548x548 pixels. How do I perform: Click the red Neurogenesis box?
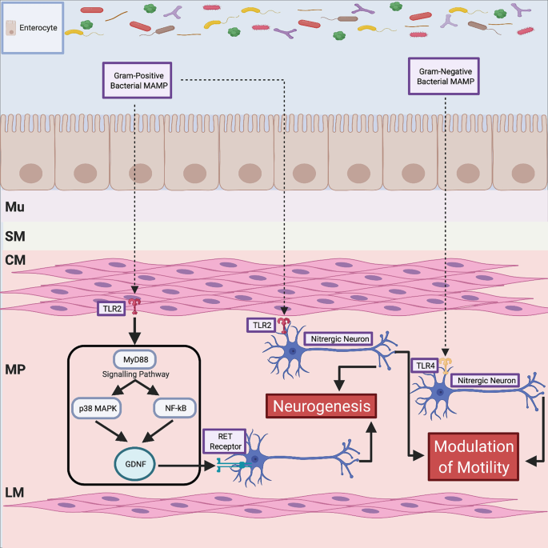[x=321, y=406]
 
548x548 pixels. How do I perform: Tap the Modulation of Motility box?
[x=473, y=456]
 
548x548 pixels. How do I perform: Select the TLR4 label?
[x=425, y=365]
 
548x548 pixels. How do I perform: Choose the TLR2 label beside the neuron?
[x=260, y=325]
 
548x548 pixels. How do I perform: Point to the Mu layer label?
[x=15, y=207]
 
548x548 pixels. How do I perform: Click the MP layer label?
[x=15, y=369]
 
